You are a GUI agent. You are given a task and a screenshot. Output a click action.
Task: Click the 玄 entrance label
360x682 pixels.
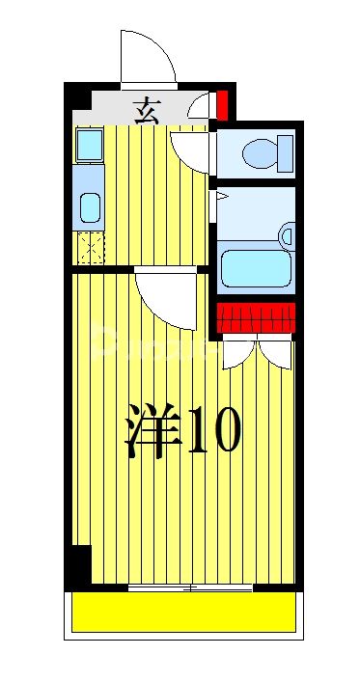pyautogui.click(x=147, y=110)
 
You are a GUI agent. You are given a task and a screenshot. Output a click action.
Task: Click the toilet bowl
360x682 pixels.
pyautogui.click(x=258, y=152)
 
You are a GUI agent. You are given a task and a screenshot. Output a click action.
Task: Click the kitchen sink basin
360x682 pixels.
pyautogui.click(x=90, y=206)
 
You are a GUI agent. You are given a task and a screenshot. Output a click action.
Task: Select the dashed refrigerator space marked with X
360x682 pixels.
pyautogui.click(x=90, y=248)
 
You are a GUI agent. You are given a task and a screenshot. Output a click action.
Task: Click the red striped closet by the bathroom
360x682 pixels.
pyautogui.click(x=255, y=317)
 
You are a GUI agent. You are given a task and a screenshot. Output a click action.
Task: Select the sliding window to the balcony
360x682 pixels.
pyautogui.click(x=190, y=587)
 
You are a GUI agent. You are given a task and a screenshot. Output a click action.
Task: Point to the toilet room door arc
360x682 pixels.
pyautogui.click(x=190, y=150)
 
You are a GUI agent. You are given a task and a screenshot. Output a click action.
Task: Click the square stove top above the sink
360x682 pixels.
pyautogui.click(x=90, y=145)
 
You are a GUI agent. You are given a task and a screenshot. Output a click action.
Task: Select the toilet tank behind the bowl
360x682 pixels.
pyautogui.click(x=285, y=152)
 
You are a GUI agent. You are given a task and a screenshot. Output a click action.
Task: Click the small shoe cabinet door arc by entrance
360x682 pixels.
pyautogui.click(x=201, y=106)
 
